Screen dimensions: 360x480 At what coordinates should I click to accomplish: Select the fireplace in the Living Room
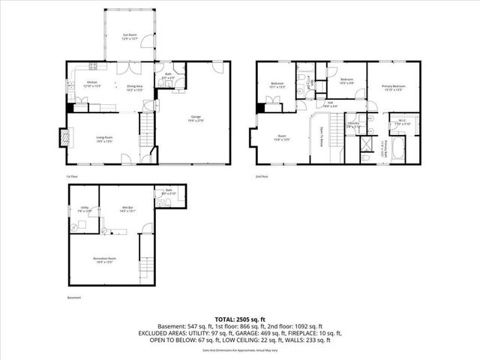(x=64, y=137)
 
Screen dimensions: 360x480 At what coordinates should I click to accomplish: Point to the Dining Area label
(x=136, y=87)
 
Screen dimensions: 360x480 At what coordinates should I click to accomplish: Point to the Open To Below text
(x=322, y=135)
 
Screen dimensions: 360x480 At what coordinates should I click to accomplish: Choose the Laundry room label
(x=352, y=126)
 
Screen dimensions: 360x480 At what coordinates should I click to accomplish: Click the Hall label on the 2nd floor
(x=330, y=104)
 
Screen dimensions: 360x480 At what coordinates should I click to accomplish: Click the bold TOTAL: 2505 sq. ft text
(x=240, y=319)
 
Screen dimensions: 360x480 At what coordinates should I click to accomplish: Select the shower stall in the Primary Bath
(x=368, y=141)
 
